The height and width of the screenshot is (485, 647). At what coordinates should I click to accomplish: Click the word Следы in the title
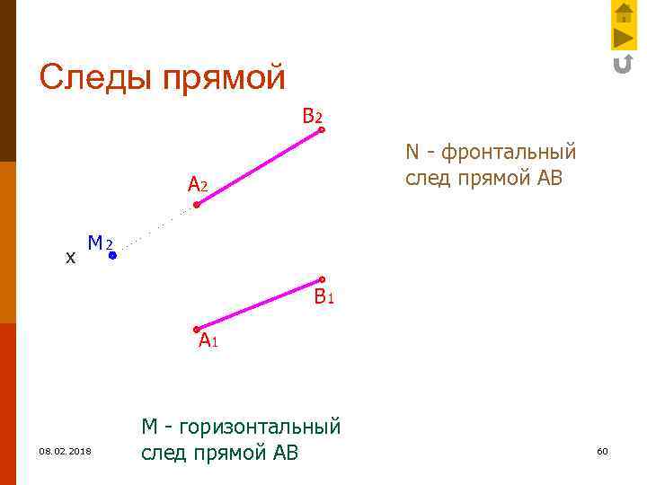pos(96,77)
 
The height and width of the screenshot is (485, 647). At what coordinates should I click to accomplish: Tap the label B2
pos(312,117)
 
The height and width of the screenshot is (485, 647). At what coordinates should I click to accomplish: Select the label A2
pos(198,186)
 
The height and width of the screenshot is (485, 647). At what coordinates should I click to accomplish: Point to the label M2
pos(99,243)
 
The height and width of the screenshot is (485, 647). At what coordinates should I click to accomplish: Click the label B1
pos(323,297)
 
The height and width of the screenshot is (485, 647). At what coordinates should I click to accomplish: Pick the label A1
pos(208,340)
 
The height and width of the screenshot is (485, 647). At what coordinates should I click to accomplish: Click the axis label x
pos(70,258)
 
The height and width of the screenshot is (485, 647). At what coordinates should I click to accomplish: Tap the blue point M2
pos(113,256)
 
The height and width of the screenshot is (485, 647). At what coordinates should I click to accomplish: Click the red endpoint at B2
pos(321,130)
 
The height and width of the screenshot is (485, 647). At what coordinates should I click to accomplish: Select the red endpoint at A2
pos(197,205)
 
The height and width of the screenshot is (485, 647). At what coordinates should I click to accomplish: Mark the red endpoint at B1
pos(321,279)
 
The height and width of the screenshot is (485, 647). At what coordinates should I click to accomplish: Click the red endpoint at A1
pos(197,329)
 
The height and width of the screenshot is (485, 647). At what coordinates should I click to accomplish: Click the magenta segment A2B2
pos(259,168)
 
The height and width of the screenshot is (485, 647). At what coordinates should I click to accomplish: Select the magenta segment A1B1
pos(259,304)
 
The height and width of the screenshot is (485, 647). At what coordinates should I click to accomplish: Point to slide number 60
pos(602,451)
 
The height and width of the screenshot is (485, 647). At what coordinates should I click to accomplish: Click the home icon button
pos(624,13)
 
